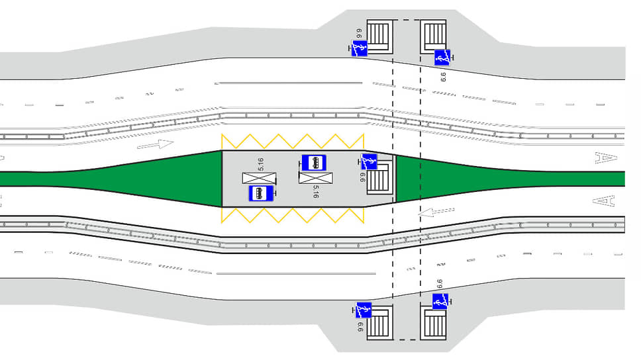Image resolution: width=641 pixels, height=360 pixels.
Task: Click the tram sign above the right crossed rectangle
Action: pos(314,162)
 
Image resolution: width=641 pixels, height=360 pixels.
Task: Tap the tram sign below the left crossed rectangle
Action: pos(261,193)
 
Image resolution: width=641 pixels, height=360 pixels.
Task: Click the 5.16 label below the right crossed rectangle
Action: pos(315,192)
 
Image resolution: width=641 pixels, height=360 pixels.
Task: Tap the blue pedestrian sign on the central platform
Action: pos(369,161)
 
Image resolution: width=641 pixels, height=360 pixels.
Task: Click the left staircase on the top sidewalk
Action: pos(379,34)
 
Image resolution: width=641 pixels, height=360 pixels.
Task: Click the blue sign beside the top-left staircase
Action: pos(360,48)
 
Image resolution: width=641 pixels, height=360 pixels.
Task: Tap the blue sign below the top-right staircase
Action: pos(442,58)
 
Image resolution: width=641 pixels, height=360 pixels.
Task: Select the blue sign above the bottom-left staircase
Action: pos(364,310)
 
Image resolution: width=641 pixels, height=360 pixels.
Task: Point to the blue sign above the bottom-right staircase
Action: pos(440,302)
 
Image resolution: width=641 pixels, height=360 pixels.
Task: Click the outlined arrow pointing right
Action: pos(157,144)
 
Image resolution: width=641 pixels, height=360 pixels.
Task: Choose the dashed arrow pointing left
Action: pos(438,212)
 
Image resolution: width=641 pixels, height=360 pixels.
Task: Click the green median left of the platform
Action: pos(132,179)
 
